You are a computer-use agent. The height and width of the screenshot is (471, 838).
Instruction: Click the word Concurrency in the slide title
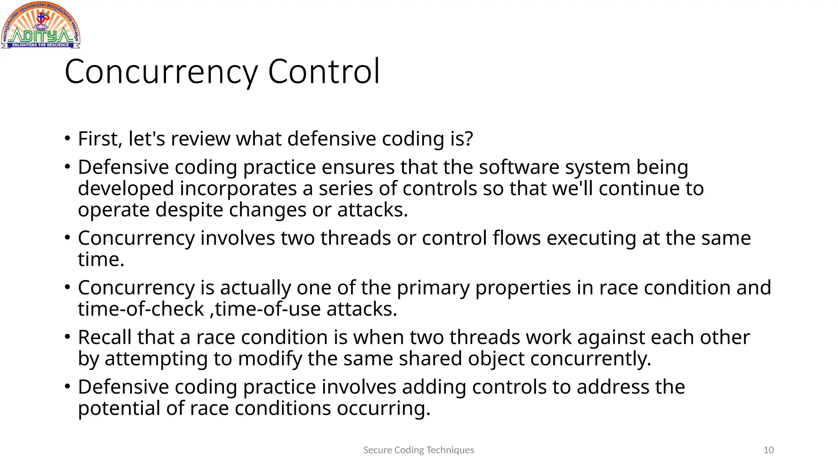[x=161, y=72]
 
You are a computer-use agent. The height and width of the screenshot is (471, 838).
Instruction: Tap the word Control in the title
[x=324, y=72]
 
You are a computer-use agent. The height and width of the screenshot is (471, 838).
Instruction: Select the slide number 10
[x=768, y=450]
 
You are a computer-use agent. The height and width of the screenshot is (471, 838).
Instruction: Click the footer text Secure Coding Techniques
[x=419, y=450]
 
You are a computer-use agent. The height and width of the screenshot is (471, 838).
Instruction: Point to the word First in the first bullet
[x=100, y=139]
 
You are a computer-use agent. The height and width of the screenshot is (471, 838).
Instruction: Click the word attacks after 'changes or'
[x=372, y=210]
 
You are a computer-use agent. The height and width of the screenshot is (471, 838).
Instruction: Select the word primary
[x=433, y=288]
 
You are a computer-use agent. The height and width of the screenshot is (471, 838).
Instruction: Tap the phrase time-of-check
[x=141, y=309]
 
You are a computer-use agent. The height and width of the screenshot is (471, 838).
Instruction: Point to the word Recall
[x=105, y=338]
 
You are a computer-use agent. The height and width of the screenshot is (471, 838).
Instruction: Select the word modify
[x=270, y=359]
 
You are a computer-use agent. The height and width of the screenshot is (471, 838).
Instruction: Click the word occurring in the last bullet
[x=383, y=408]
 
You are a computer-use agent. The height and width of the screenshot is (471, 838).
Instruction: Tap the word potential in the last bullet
[x=119, y=408]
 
